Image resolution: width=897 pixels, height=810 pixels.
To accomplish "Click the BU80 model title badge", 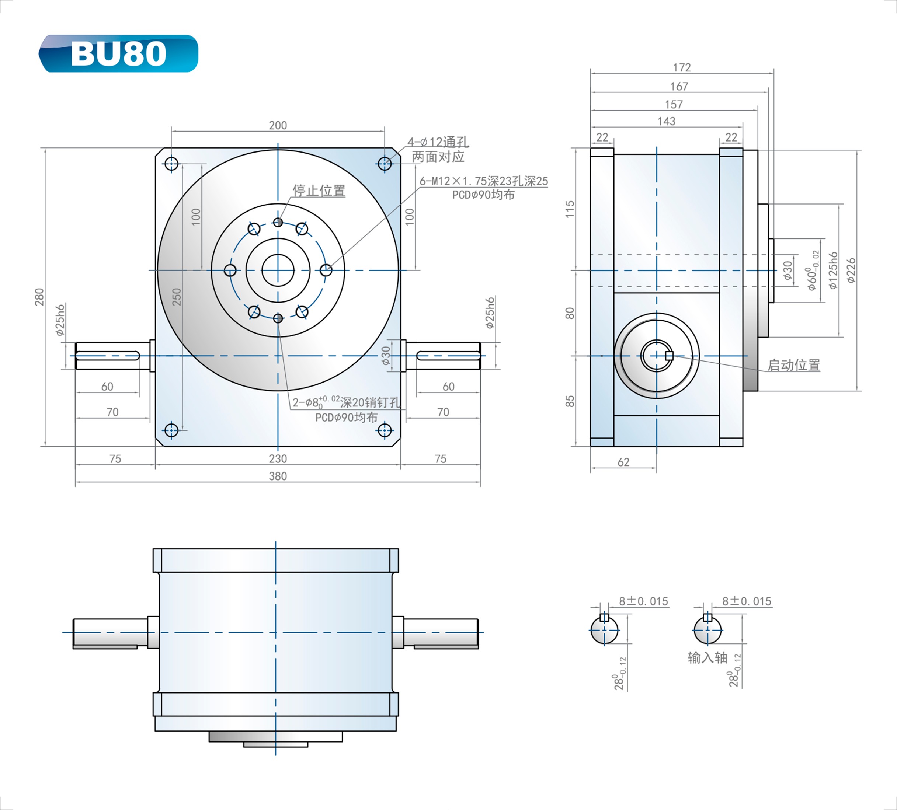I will pos(118,53).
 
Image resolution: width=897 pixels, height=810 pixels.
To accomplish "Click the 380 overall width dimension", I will pos(278,476).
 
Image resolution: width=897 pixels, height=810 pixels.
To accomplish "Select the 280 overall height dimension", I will pos(39,297).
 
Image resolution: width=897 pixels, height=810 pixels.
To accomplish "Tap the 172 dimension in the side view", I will pos(682,67).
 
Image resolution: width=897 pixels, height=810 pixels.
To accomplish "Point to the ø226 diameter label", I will pos(850,270).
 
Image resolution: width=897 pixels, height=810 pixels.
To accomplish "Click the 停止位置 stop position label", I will pos(319,191).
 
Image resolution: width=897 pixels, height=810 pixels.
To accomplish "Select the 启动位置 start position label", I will pos(793,365).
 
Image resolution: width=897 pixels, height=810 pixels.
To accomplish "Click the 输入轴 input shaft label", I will pos(707,657).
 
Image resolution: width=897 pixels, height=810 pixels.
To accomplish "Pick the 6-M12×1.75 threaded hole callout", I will pos(484,181).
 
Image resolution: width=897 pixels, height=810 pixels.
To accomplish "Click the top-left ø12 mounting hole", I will pos(171,164).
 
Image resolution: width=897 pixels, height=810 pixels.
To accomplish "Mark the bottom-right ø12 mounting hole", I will pos(385,430).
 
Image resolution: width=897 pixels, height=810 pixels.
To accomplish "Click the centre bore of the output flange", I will pos(278,270).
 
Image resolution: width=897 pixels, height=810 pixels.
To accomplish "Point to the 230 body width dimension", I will pos(278,458).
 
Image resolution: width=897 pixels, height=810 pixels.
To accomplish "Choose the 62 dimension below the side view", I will pos(623,462).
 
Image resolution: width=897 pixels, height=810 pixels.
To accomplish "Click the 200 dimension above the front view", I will pos(278,125).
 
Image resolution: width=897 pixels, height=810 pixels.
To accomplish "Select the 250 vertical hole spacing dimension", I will pos(177,297).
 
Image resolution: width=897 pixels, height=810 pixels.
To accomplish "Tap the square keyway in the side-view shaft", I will pos(669,355).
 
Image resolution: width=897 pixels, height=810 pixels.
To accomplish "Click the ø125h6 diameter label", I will pos(832,270).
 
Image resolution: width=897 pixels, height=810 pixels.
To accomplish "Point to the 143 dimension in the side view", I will pos(666,121).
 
